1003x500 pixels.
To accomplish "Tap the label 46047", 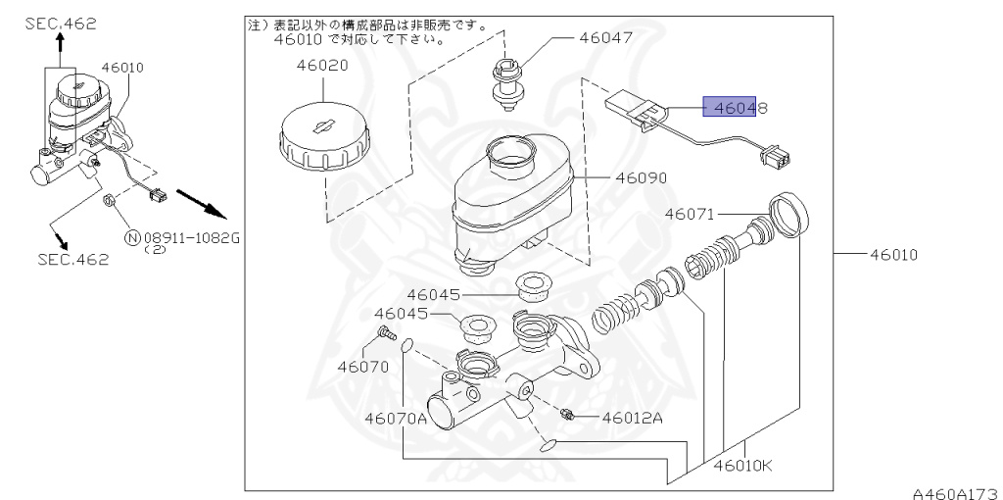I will click(x=605, y=38).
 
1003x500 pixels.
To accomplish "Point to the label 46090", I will click(x=641, y=179).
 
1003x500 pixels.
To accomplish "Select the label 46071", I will click(x=692, y=214).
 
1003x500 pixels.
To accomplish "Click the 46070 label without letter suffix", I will click(x=363, y=367).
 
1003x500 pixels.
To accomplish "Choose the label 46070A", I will click(x=396, y=418).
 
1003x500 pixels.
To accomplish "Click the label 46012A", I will click(x=633, y=418).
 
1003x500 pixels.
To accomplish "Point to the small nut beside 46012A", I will click(x=568, y=414).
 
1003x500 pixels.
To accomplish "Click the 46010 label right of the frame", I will click(x=892, y=254).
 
